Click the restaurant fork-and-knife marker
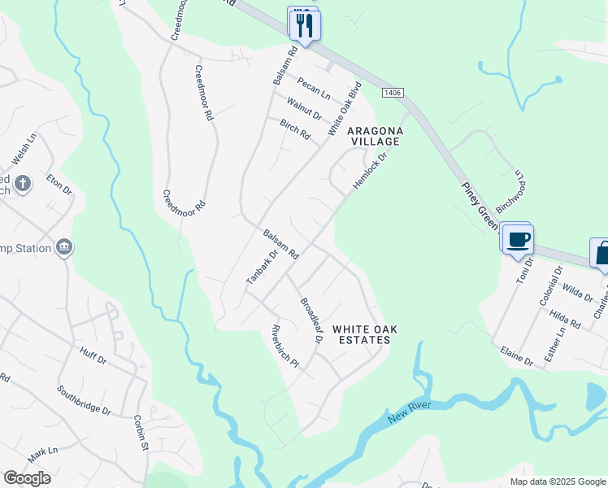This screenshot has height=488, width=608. tap(305, 24)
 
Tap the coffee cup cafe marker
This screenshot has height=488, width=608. tap(518, 239)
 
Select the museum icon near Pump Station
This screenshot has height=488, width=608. tap(64, 247)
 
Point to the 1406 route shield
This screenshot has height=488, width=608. tap(392, 94)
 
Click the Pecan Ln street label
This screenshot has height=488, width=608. tap(313, 89)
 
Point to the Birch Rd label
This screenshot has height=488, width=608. tap(295, 129)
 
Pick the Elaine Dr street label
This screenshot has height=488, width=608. tap(517, 357)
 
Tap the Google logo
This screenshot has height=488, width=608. tap(27, 478)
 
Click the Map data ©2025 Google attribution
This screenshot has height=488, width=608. tap(557, 481)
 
